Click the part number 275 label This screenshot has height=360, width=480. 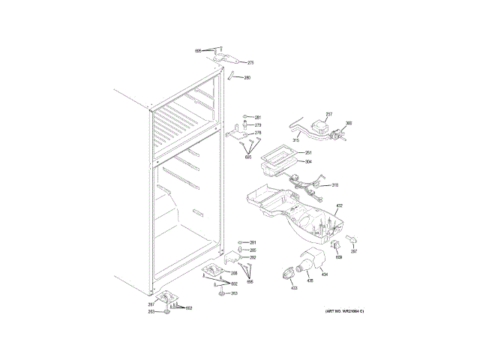pyautogui.click(x=250, y=63)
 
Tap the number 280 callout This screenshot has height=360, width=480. pyautogui.click(x=247, y=78)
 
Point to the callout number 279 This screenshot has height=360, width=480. pyautogui.click(x=257, y=125)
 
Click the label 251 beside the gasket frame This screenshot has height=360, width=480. pyautogui.click(x=307, y=153)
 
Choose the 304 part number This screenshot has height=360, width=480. pyautogui.click(x=307, y=161)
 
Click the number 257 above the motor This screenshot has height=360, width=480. pyautogui.click(x=328, y=115)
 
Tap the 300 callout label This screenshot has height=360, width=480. pyautogui.click(x=349, y=123)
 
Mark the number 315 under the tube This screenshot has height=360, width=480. pyautogui.click(x=295, y=140)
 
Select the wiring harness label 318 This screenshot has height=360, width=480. pyautogui.click(x=334, y=184)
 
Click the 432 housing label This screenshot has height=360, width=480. pyautogui.click(x=339, y=205)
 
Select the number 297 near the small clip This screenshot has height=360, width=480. pyautogui.click(x=354, y=252)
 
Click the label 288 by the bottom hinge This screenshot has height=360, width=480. pyautogui.click(x=233, y=273)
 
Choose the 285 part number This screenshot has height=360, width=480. pyautogui.click(x=253, y=250)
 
